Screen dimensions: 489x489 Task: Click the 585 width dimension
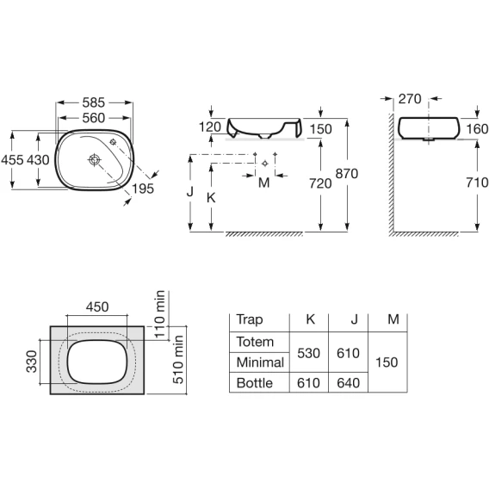point(94,102)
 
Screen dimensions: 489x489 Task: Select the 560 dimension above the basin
point(94,118)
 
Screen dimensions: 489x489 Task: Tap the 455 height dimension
point(12,160)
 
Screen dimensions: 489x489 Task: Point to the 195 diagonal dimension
point(143,189)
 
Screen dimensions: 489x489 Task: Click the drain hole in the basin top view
point(94,159)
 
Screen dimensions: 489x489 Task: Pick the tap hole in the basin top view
point(113,142)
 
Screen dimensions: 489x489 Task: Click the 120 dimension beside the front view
point(210,127)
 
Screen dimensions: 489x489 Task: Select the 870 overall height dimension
point(347,174)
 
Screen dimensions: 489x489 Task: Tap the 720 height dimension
point(320,183)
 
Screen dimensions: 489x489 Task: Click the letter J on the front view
point(190,191)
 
